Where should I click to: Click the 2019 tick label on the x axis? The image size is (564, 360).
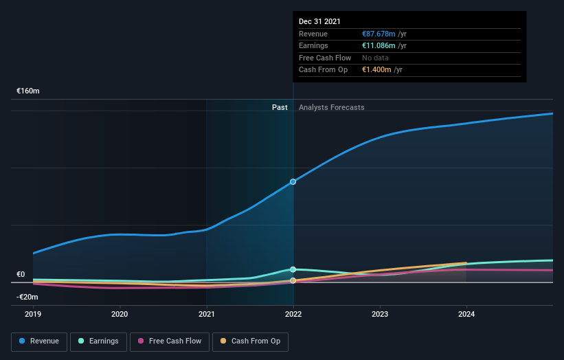(x=33, y=315)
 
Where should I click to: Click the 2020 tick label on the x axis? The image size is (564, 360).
(x=120, y=315)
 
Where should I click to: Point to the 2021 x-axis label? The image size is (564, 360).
(x=206, y=315)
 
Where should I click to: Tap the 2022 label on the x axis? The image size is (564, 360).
(x=293, y=315)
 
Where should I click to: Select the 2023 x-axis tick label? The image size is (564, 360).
(x=380, y=315)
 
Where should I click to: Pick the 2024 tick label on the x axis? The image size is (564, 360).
(x=466, y=315)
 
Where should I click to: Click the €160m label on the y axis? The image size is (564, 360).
(x=28, y=91)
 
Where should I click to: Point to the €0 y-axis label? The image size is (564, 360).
(x=21, y=274)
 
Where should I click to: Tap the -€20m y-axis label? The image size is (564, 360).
(x=27, y=297)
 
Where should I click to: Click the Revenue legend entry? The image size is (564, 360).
(x=40, y=341)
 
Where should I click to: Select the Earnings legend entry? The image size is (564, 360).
(x=98, y=341)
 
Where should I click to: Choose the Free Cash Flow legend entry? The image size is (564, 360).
(x=169, y=341)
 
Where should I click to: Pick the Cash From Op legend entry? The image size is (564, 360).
(x=251, y=341)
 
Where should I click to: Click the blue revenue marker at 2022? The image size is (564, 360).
(x=293, y=181)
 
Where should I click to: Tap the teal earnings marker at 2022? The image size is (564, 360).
(x=293, y=269)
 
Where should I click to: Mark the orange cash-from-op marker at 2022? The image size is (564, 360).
(x=293, y=280)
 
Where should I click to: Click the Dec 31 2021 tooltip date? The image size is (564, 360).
(x=319, y=22)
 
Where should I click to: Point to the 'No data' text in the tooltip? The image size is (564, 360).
(x=376, y=58)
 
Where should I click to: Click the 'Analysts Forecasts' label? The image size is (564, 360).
(x=331, y=107)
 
